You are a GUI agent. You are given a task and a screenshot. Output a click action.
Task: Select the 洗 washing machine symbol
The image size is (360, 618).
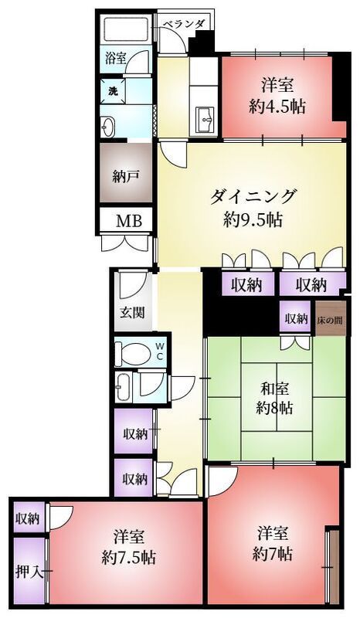113,90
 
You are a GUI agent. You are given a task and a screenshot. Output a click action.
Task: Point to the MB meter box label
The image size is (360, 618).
129,221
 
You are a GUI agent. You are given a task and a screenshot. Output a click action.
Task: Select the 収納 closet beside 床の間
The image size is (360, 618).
295,318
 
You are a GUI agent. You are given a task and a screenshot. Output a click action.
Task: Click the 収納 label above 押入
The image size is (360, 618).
28,519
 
